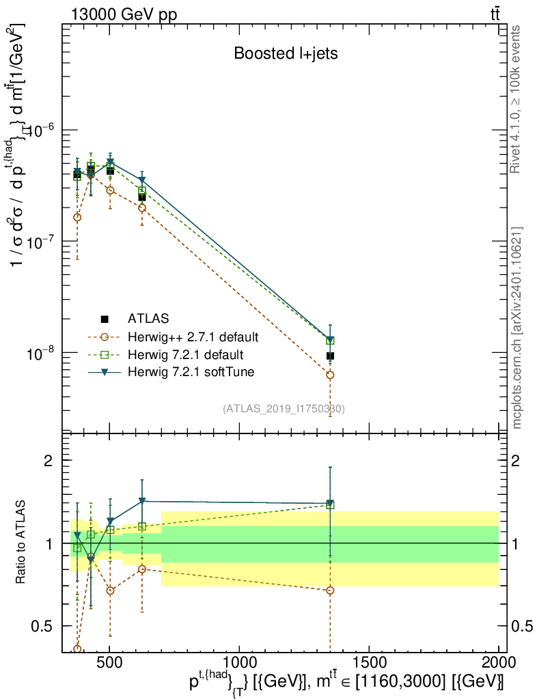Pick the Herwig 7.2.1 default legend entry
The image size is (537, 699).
click(x=186, y=355)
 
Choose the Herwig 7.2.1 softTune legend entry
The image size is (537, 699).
click(x=189, y=372)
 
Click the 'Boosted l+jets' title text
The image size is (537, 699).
click(x=286, y=53)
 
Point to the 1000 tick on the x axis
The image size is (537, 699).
click(x=239, y=663)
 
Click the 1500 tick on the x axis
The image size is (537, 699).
click(x=369, y=663)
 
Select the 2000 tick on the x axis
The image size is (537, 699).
click(x=499, y=663)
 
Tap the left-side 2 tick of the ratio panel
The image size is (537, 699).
click(x=49, y=461)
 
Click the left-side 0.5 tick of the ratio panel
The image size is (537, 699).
click(x=44, y=626)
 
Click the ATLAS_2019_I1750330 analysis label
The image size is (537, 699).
click(x=284, y=409)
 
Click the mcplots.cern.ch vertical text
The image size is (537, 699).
click(x=517, y=328)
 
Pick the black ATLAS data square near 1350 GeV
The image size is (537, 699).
click(x=330, y=356)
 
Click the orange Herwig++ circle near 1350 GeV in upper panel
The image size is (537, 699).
click(x=330, y=375)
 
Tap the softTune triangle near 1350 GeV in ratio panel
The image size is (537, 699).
click(x=330, y=503)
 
